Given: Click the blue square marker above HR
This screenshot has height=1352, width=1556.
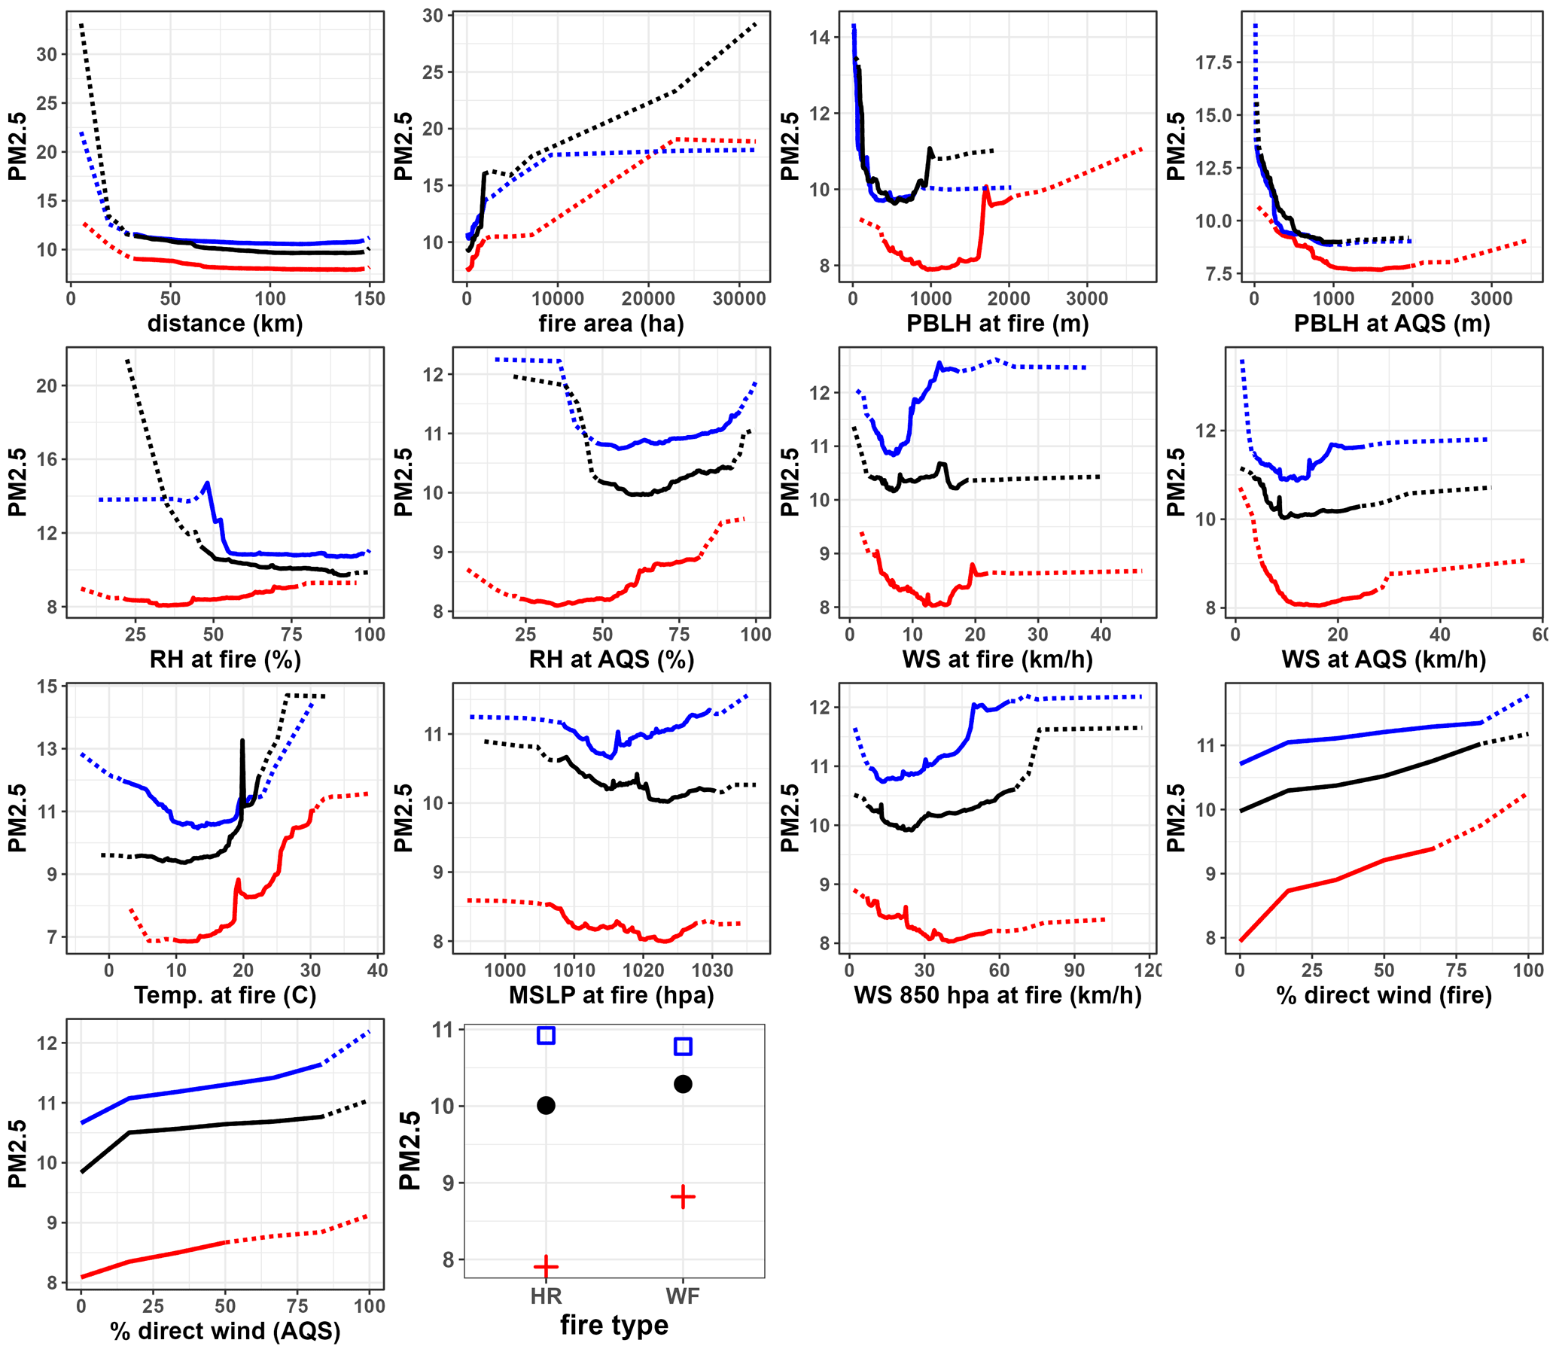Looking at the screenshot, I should (546, 1035).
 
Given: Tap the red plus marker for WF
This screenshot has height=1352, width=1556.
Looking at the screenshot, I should (683, 1197).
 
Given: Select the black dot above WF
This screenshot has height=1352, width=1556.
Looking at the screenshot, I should (683, 1084).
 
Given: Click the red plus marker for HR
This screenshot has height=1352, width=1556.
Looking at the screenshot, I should (546, 1267).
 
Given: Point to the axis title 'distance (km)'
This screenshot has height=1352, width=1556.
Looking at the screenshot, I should (225, 324).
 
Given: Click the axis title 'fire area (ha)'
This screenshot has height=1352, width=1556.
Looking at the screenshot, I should (611, 324).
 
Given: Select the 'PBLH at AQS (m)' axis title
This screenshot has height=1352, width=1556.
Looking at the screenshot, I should (1391, 324).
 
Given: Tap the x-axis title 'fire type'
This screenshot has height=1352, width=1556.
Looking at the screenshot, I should (614, 1325).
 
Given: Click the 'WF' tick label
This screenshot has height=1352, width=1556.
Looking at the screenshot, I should (683, 1296).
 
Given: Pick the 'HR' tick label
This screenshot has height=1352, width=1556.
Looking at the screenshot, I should (546, 1296).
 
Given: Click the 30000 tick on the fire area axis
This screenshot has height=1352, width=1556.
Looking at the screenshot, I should (738, 299).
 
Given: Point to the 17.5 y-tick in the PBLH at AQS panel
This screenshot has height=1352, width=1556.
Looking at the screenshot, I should (1213, 62).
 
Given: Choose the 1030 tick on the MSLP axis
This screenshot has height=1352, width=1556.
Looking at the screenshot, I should (711, 970).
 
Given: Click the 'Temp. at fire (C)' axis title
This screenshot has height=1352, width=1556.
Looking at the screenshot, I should (225, 995).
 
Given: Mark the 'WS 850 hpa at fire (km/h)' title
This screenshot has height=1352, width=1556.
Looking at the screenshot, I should (997, 995).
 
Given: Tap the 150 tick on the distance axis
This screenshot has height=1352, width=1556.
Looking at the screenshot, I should (369, 299).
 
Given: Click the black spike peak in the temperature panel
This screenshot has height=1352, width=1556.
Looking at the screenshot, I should (242, 741).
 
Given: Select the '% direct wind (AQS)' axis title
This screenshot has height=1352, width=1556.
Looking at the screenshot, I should (225, 1331).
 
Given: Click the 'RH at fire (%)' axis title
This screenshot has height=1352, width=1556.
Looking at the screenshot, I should (225, 659).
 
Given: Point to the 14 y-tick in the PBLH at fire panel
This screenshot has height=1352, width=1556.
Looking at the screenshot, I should (820, 38).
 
